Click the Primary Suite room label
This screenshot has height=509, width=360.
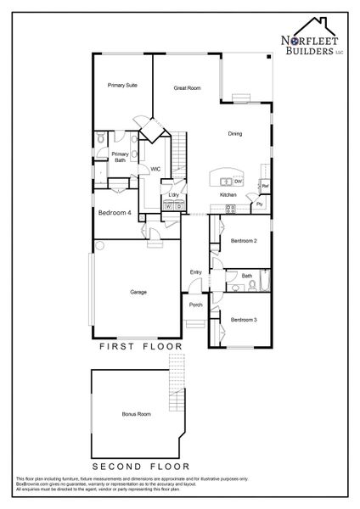pyautogui.click(x=122, y=86)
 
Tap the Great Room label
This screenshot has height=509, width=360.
pyautogui.click(x=187, y=87)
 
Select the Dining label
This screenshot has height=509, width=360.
pyautogui.click(x=237, y=134)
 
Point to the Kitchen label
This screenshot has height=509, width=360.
pyautogui.click(x=228, y=195)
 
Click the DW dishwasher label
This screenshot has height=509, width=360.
pyautogui.click(x=239, y=181)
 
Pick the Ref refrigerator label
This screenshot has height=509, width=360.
pyautogui.click(x=265, y=186)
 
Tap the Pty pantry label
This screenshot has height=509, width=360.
pyautogui.click(x=259, y=204)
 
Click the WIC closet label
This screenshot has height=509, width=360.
pyautogui.click(x=155, y=169)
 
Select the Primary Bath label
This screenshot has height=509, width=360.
pyautogui.click(x=120, y=157)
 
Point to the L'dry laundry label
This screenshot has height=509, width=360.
pyautogui.click(x=173, y=196)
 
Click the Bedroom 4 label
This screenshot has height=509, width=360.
pyautogui.click(x=114, y=213)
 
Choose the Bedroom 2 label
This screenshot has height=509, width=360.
pyautogui.click(x=244, y=241)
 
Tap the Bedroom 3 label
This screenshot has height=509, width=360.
pyautogui.click(x=244, y=319)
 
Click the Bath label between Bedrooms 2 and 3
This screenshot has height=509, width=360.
pyautogui.click(x=246, y=276)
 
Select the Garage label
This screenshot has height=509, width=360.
pyautogui.click(x=138, y=292)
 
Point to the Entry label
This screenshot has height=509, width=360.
pyautogui.click(x=195, y=271)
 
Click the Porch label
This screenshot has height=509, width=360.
pyautogui.click(x=195, y=305)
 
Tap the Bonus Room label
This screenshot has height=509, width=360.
pyautogui.click(x=136, y=414)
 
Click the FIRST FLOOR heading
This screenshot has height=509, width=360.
pyautogui.click(x=141, y=347)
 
